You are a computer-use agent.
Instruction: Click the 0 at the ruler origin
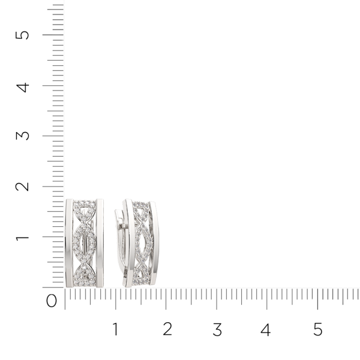pyautogui.click(x=52, y=300)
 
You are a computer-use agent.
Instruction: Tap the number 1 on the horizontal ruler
pyautogui.click(x=115, y=329)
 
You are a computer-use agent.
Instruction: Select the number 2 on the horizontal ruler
pyautogui.click(x=167, y=329)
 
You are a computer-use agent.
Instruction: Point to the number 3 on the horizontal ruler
pyautogui.click(x=217, y=329)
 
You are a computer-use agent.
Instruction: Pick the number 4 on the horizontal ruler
pyautogui.click(x=266, y=329)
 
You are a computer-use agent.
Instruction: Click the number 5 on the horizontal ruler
pyautogui.click(x=317, y=329)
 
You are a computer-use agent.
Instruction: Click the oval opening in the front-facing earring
pyautogui.click(x=85, y=242)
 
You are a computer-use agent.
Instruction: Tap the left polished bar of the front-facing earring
pyautogui.click(x=69, y=242)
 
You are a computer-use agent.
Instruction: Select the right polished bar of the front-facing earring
pyautogui.click(x=100, y=242)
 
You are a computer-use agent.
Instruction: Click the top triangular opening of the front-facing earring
pyautogui.click(x=85, y=211)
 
